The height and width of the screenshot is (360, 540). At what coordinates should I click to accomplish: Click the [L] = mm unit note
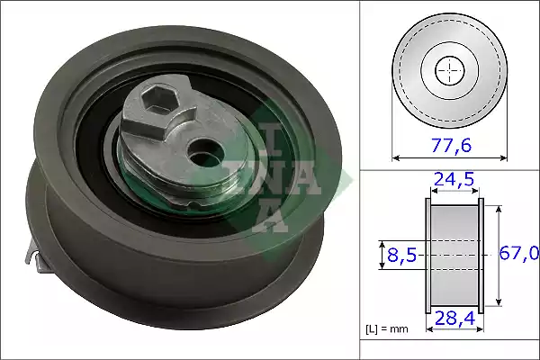(388, 329)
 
